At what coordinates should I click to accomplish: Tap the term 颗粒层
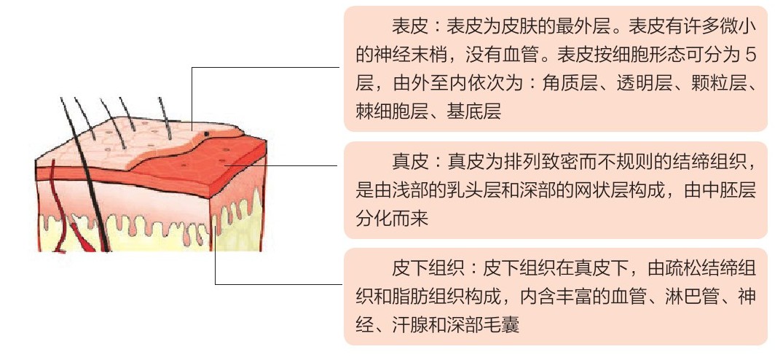[710, 83]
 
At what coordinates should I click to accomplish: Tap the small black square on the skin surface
[208, 134]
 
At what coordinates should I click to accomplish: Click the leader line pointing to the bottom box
[277, 283]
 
